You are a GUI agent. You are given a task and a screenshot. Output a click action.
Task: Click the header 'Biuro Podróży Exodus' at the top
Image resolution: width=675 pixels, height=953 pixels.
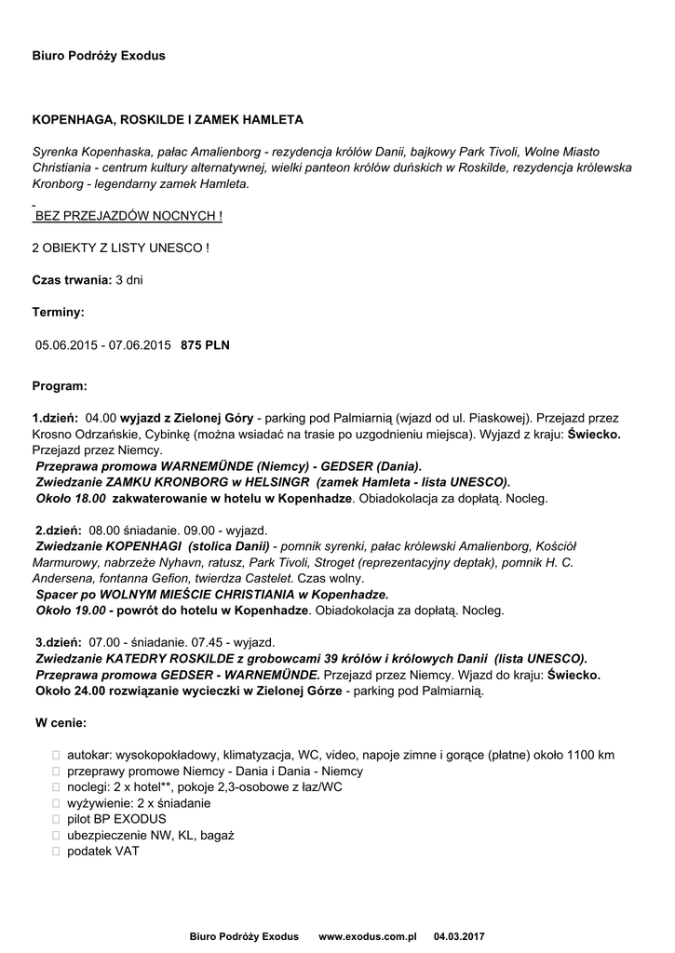point(99,56)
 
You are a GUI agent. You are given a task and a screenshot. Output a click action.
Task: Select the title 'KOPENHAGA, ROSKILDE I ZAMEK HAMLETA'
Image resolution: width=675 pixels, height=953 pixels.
point(168,121)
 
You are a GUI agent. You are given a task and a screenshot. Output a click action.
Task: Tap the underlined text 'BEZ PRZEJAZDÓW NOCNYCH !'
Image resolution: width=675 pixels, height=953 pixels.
point(128,216)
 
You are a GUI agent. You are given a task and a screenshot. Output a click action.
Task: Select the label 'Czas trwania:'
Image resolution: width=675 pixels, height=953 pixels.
point(72,279)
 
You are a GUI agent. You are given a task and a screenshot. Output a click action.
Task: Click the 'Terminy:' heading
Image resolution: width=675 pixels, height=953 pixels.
point(58,312)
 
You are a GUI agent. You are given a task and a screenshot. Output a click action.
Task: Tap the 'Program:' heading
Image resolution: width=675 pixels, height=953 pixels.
point(60,384)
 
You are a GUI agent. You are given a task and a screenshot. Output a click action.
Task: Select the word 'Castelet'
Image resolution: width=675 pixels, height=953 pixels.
point(266,578)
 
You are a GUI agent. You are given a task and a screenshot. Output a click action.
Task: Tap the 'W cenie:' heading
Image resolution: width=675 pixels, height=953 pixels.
point(61,722)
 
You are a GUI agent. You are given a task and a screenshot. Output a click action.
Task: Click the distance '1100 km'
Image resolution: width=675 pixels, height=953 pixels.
point(589,755)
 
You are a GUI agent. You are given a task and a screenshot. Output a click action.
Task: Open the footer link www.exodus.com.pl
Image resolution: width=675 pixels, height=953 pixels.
point(368,935)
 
